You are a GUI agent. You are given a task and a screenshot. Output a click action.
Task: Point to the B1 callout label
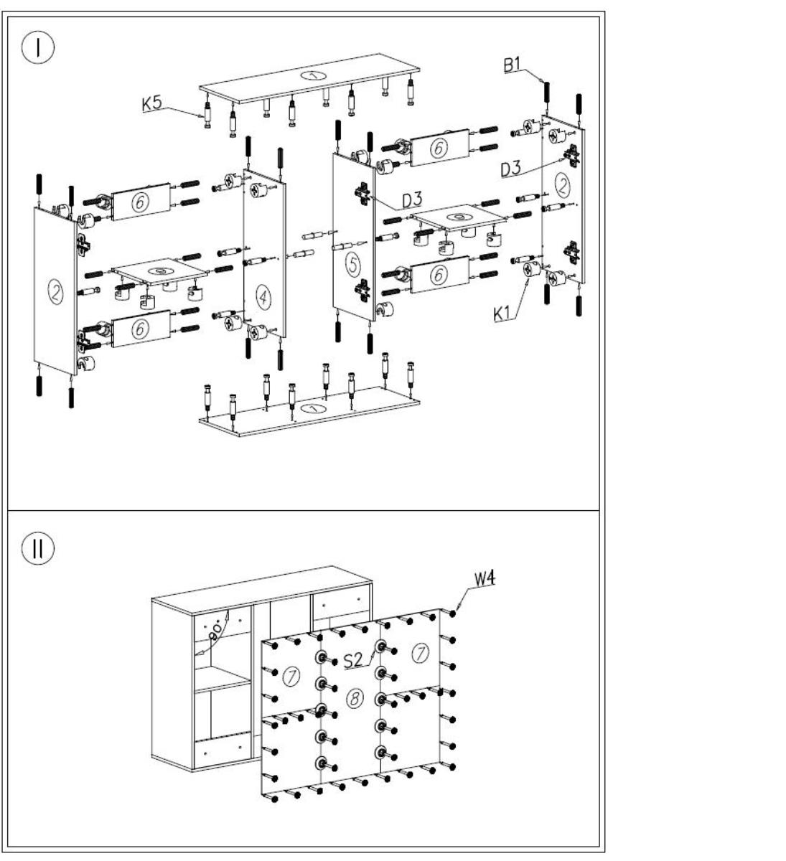tap(512, 65)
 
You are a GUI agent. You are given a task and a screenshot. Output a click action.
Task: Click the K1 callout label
tap(503, 314)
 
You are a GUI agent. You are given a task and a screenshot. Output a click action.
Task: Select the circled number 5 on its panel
tap(353, 265)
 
